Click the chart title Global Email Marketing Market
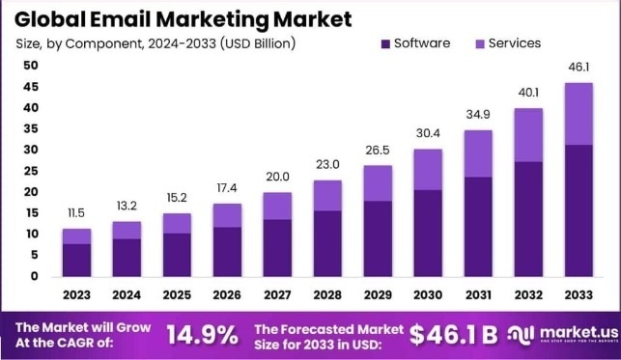coord(183,18)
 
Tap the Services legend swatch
coord(478,43)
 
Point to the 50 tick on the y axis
coord(31,66)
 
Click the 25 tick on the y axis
coord(31,171)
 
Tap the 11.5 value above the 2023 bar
coord(77,211)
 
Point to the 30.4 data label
coord(427,132)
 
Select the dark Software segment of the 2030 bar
coord(427,233)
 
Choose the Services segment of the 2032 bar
coord(526,135)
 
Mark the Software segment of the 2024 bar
coord(127,257)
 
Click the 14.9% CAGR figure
coord(202,335)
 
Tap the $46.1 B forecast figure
coord(453,335)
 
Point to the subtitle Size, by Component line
coord(155,43)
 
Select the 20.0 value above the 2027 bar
coord(277,176)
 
